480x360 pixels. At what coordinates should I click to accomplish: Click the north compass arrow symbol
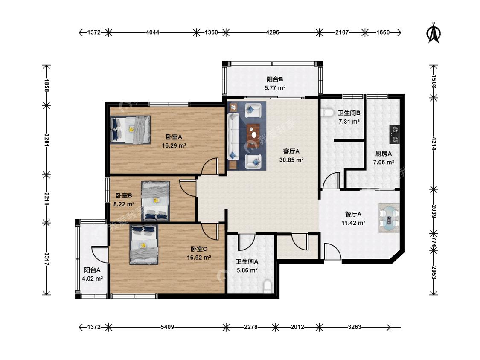[433, 32]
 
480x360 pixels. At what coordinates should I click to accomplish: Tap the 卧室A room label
[174, 137]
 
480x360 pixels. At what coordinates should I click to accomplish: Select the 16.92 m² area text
[199, 258]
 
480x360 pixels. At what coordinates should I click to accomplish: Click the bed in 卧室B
[155, 201]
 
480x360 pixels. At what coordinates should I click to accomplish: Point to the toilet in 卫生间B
[328, 112]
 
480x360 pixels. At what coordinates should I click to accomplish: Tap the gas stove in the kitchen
[395, 134]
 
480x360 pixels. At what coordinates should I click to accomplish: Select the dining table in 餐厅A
[389, 218]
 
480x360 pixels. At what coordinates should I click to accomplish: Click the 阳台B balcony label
[275, 80]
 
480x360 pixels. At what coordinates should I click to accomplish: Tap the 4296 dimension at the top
[273, 32]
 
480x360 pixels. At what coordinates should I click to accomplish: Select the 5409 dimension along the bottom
[167, 327]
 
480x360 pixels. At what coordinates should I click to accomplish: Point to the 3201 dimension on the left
[47, 140]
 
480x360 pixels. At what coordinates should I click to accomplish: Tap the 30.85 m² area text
[291, 160]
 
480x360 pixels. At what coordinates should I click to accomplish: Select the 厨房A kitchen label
[383, 154]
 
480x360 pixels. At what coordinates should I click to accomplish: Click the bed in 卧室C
[144, 244]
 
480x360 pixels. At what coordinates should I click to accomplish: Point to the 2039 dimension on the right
[433, 211]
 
